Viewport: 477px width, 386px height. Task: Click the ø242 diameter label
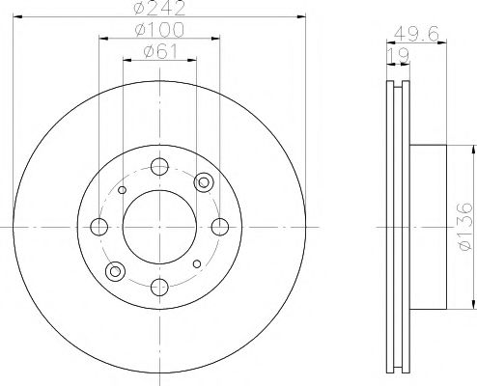159,10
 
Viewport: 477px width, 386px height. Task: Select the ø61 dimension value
159,53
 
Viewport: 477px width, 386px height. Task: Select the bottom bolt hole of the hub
159,286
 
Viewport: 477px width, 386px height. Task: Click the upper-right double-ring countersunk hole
203,183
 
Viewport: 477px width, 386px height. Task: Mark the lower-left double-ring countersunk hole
116,270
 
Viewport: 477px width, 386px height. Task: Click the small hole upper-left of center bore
122,190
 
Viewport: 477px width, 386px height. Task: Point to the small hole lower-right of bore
197,263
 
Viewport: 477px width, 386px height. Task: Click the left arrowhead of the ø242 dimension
19,19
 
